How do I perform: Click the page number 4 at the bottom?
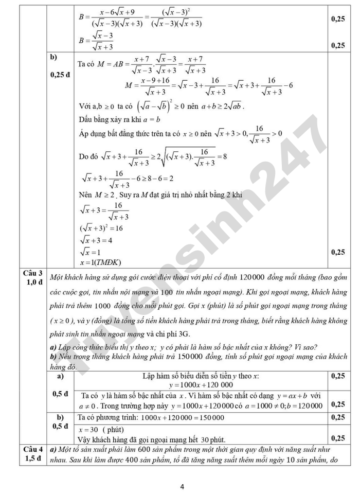[x=182, y=486]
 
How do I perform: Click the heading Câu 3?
[x=33, y=273]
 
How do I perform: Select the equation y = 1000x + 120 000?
[x=201, y=384]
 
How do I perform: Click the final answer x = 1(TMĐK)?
[x=100, y=262]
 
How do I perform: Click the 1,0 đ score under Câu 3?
[x=33, y=282]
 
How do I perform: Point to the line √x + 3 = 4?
[x=97, y=240]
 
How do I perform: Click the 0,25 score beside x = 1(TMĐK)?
[x=338, y=252]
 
